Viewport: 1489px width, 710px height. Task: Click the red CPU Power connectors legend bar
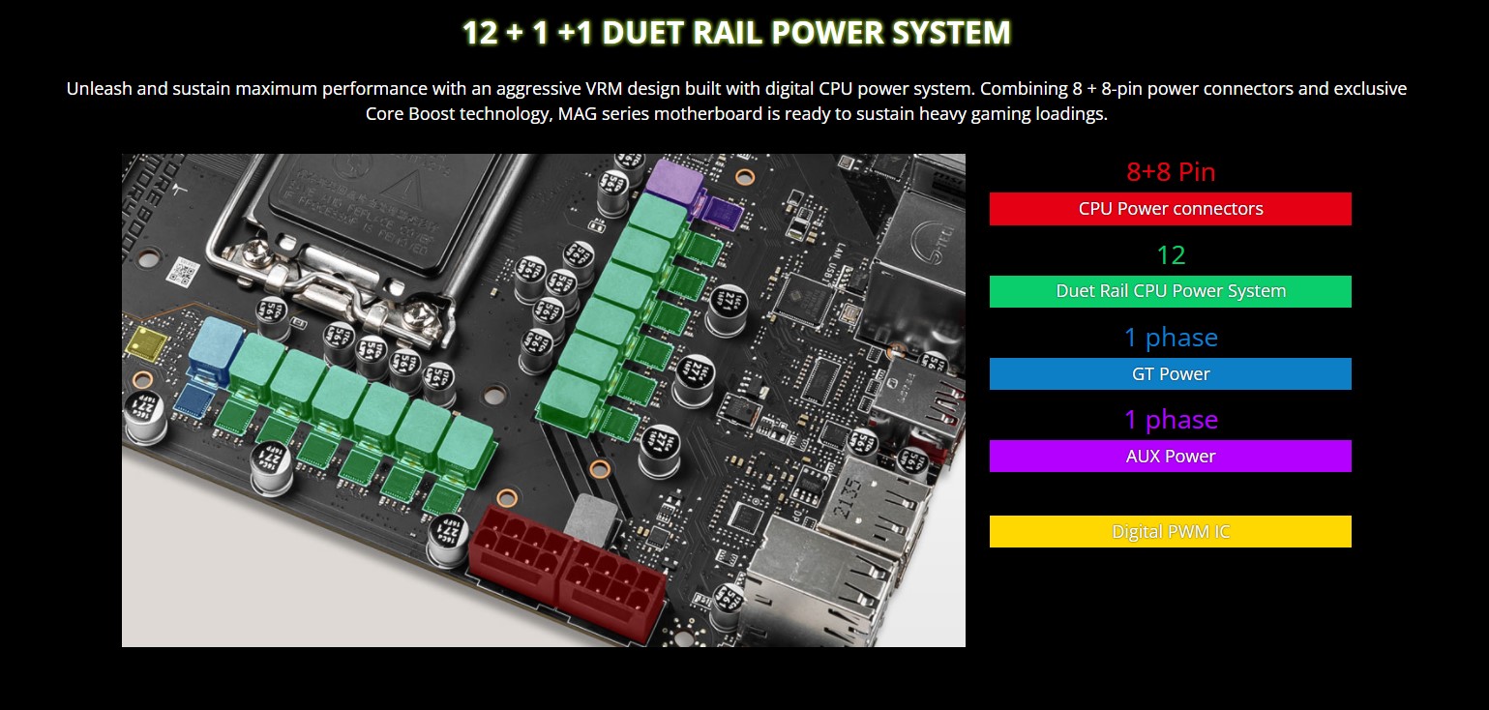[1170, 209]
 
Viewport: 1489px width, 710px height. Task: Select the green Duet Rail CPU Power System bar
[1170, 291]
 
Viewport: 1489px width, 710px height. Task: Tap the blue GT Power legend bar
[1170, 374]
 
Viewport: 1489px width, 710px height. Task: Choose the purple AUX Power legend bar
[1170, 457]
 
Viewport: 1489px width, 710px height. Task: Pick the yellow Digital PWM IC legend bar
[1170, 532]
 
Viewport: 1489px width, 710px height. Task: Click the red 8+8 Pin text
[1170, 172]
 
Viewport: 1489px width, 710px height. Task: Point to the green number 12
[1171, 255]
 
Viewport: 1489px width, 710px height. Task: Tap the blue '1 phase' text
[1170, 338]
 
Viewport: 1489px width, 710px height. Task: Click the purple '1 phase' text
[1170, 420]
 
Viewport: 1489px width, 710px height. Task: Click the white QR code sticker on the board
[182, 271]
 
